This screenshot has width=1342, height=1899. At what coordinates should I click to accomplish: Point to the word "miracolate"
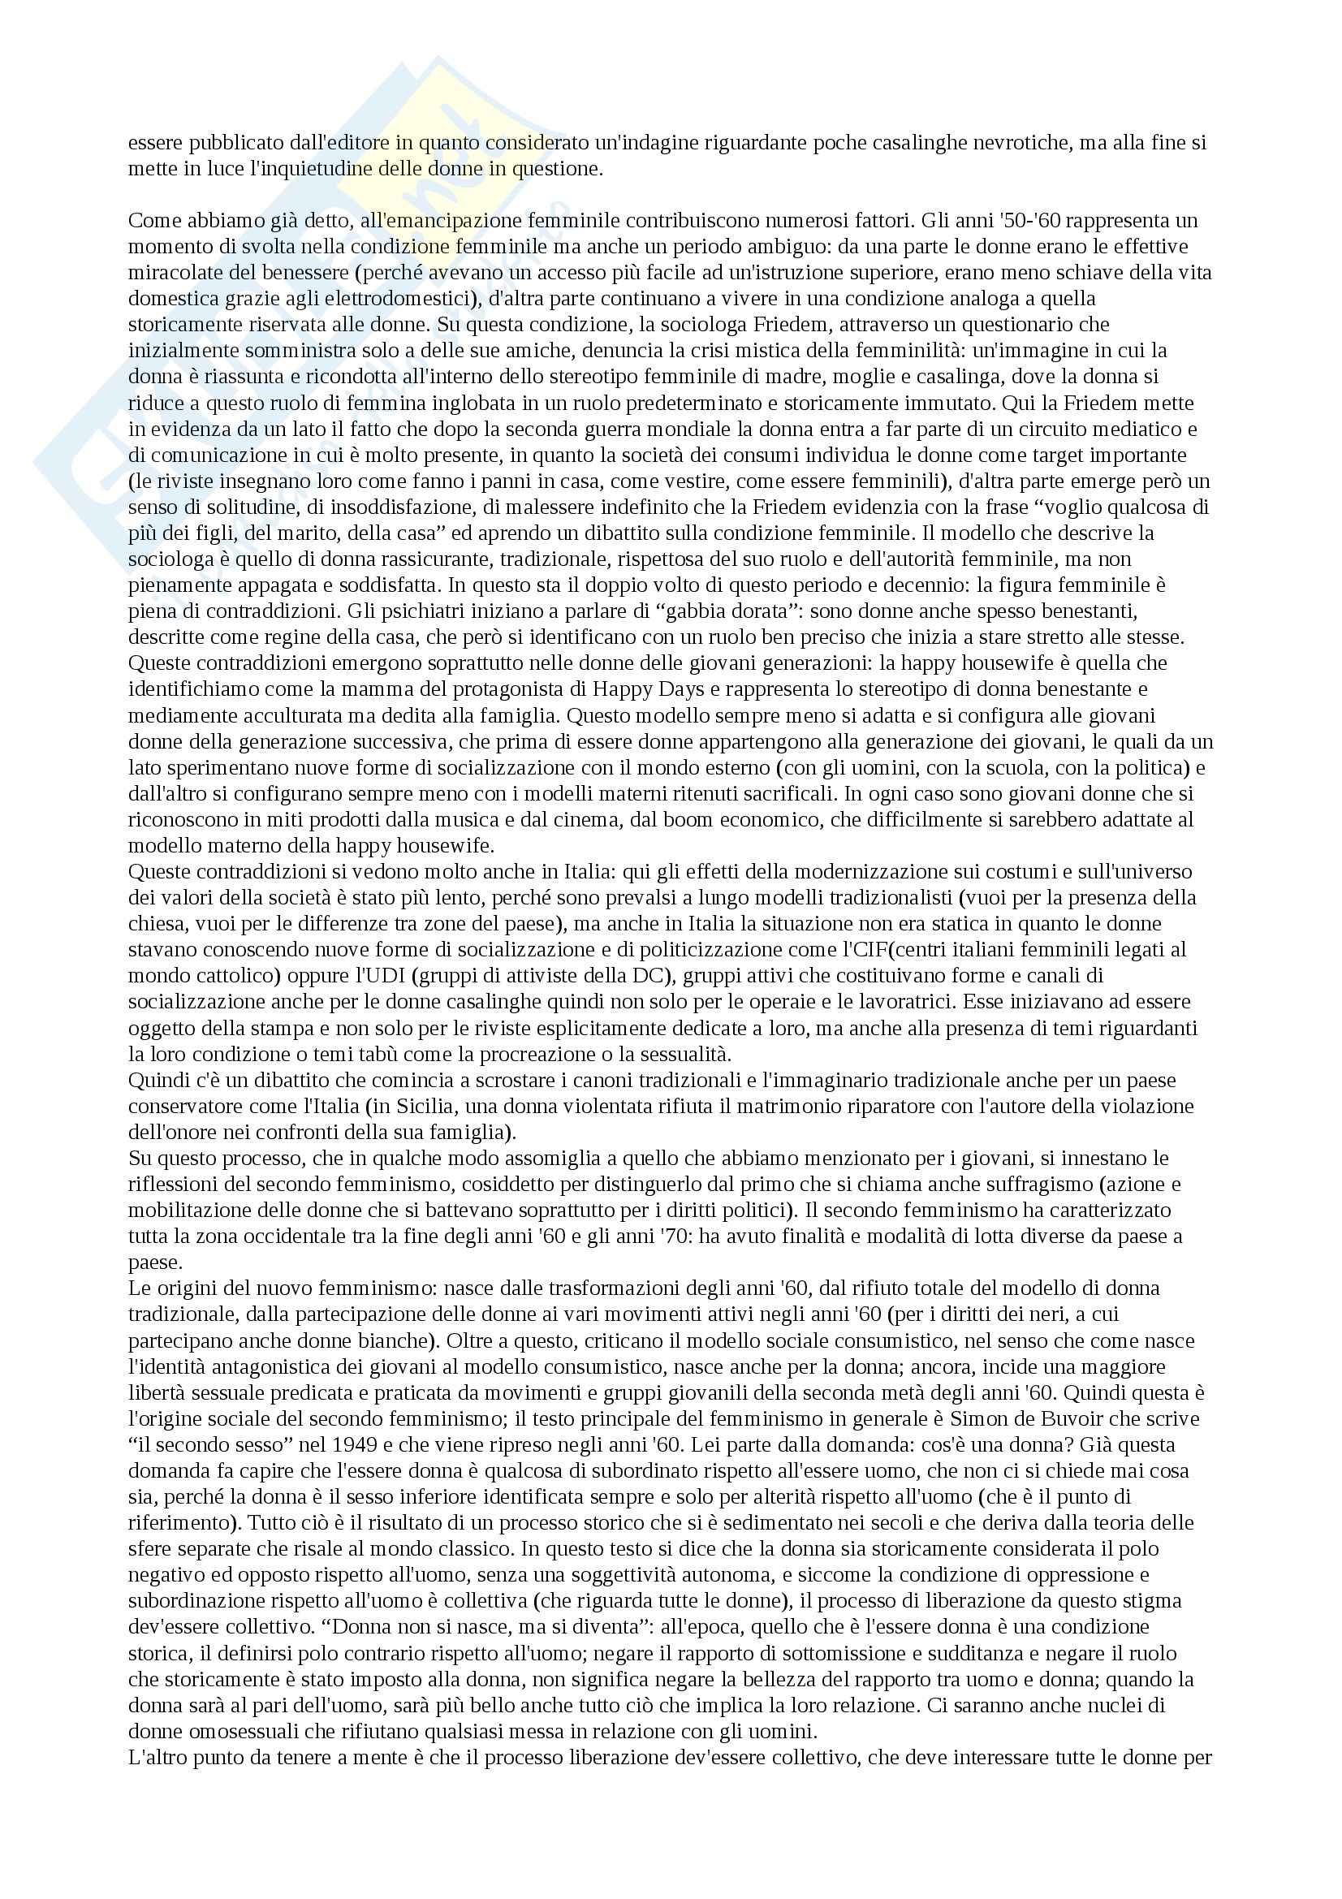click(x=168, y=273)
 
